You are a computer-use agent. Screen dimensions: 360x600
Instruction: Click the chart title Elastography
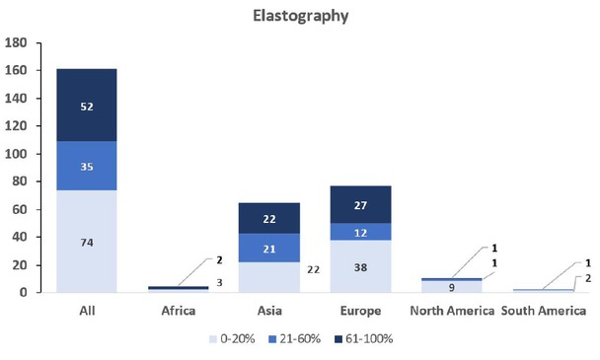[299, 17]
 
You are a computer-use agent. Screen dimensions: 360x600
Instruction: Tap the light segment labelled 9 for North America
[453, 287]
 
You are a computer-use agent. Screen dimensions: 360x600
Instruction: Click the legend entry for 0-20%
[234, 338]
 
